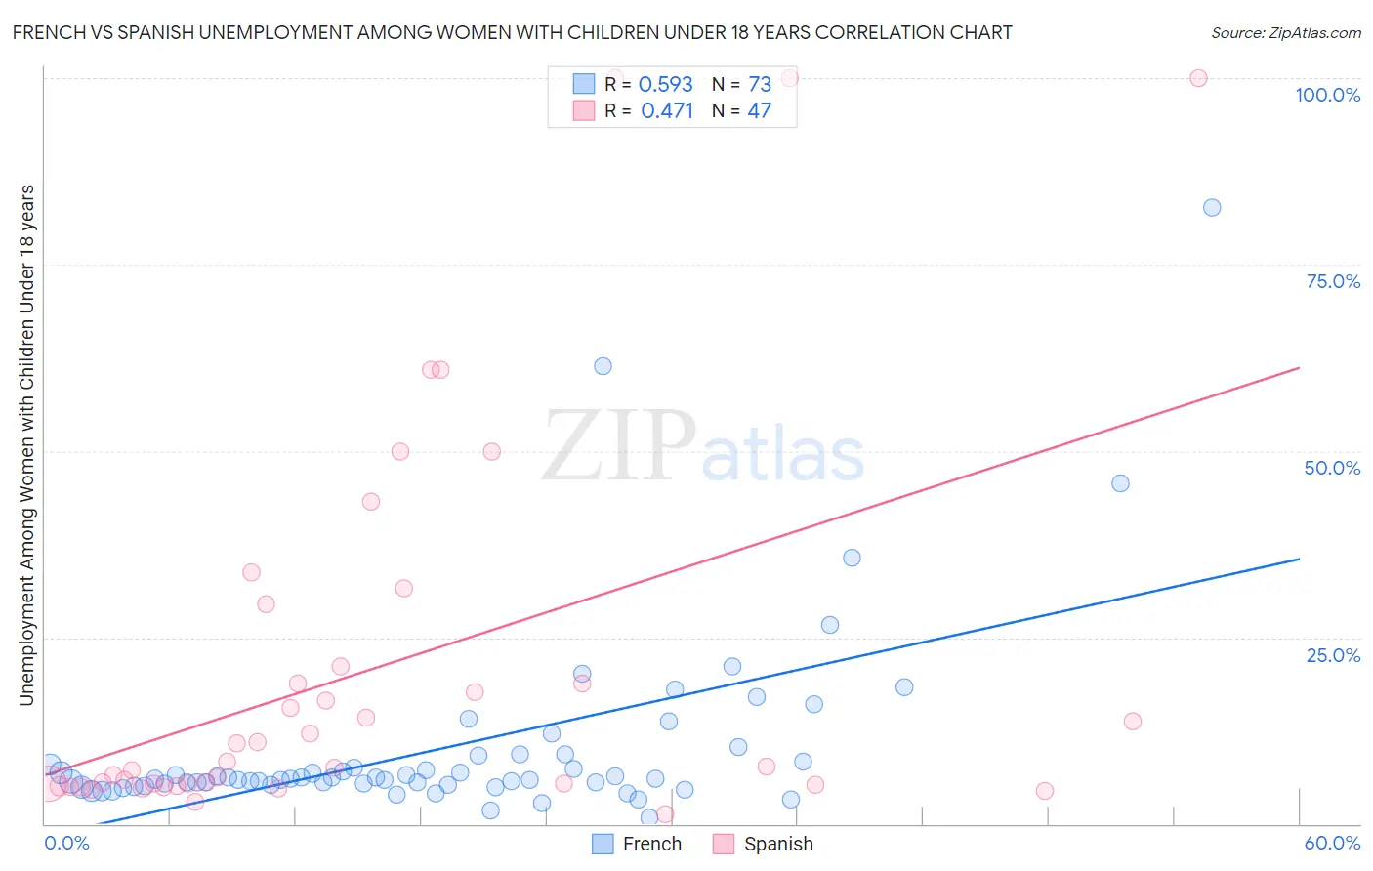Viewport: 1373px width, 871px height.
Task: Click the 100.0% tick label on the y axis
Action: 1327,95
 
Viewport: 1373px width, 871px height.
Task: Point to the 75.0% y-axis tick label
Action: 1333,281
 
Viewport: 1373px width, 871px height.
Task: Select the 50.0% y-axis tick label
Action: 1332,468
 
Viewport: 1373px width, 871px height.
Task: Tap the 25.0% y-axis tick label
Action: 1333,655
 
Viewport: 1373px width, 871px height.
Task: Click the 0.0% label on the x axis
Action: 66,844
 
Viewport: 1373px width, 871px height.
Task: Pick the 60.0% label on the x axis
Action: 1332,844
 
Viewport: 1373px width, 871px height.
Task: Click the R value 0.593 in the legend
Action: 665,85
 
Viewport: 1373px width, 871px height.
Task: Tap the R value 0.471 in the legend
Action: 667,111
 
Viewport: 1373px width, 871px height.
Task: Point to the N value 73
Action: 760,85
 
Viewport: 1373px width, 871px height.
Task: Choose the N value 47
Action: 759,111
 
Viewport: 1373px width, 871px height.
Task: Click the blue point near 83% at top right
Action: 1212,207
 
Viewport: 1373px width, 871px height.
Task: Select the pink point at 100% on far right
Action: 1198,78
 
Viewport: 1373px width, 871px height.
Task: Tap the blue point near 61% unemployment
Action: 603,366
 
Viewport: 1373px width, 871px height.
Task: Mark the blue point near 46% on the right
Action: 1120,483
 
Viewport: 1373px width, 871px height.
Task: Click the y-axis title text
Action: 26,444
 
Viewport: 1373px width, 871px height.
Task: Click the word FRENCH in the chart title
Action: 47,33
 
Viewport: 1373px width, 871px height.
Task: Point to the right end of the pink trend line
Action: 1299,368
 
